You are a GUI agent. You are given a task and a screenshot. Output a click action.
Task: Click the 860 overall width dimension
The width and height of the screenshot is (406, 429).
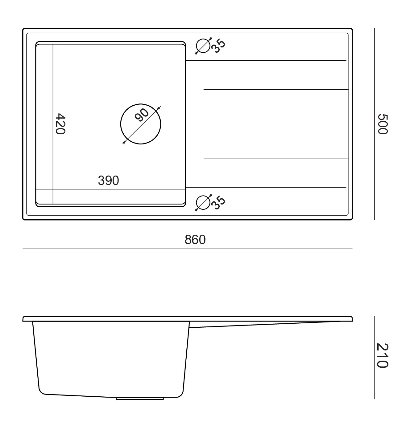[x=195, y=240]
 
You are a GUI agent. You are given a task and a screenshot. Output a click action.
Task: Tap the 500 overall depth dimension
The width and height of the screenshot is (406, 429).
[x=383, y=124]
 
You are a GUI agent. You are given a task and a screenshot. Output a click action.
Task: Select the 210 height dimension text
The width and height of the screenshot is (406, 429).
[x=383, y=356]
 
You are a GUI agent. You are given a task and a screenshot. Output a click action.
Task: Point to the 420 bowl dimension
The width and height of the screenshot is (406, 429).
[x=60, y=124]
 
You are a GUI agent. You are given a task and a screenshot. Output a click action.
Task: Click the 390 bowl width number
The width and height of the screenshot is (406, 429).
[x=108, y=180]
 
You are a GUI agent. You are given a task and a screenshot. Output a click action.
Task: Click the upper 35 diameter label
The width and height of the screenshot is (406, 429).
[x=218, y=46]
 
